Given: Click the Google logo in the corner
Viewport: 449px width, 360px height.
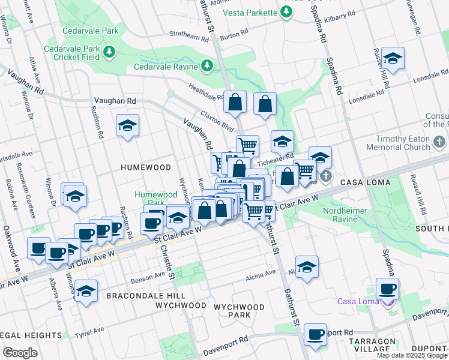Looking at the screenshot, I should [20, 352].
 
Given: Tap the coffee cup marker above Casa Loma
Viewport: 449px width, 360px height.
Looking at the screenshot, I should [387, 289].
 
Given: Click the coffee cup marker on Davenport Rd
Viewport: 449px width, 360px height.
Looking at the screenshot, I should [315, 334].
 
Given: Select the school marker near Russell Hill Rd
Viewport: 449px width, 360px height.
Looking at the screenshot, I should [393, 58].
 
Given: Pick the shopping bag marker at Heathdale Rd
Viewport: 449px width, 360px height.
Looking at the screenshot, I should [235, 102].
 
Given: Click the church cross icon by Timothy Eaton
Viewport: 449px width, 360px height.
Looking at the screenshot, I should [439, 143].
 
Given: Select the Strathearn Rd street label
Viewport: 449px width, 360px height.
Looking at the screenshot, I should [189, 35].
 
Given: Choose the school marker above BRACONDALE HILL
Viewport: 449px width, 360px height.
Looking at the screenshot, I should [86, 290].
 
